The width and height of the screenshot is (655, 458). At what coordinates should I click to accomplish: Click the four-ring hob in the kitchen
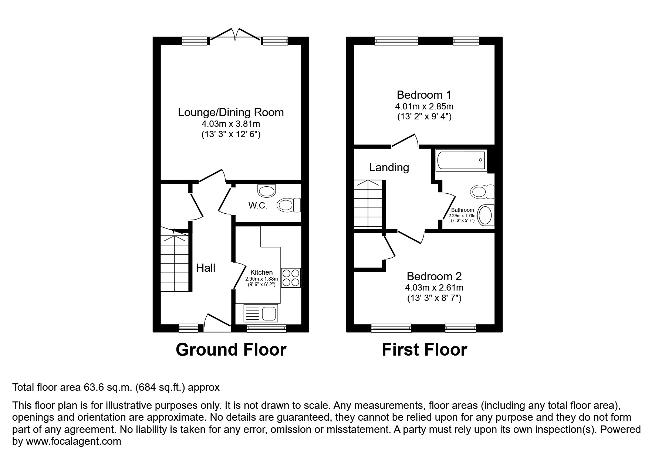[x=291, y=278]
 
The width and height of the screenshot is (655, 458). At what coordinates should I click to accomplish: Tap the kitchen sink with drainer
[x=260, y=313]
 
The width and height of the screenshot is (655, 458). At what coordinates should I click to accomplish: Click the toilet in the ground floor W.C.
[x=289, y=205]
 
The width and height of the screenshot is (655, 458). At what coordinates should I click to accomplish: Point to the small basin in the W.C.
[x=267, y=191]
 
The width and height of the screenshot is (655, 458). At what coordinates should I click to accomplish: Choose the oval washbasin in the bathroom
[x=486, y=215]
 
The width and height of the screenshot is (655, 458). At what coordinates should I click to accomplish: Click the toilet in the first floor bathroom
[x=482, y=191]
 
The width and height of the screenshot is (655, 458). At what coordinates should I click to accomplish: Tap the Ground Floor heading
[x=231, y=349]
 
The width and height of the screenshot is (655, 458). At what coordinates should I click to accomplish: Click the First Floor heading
[x=424, y=349]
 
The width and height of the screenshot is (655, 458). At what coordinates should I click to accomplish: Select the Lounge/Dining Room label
[x=231, y=112]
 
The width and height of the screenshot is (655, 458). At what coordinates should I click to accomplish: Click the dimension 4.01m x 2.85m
[x=424, y=106]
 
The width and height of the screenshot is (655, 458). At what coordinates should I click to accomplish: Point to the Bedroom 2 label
[x=434, y=276]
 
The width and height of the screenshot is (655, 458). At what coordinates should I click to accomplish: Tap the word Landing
[x=389, y=167]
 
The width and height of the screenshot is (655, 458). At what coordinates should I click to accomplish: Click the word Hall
[x=206, y=268]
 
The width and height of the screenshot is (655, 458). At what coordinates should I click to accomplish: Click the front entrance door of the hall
[x=217, y=323]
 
